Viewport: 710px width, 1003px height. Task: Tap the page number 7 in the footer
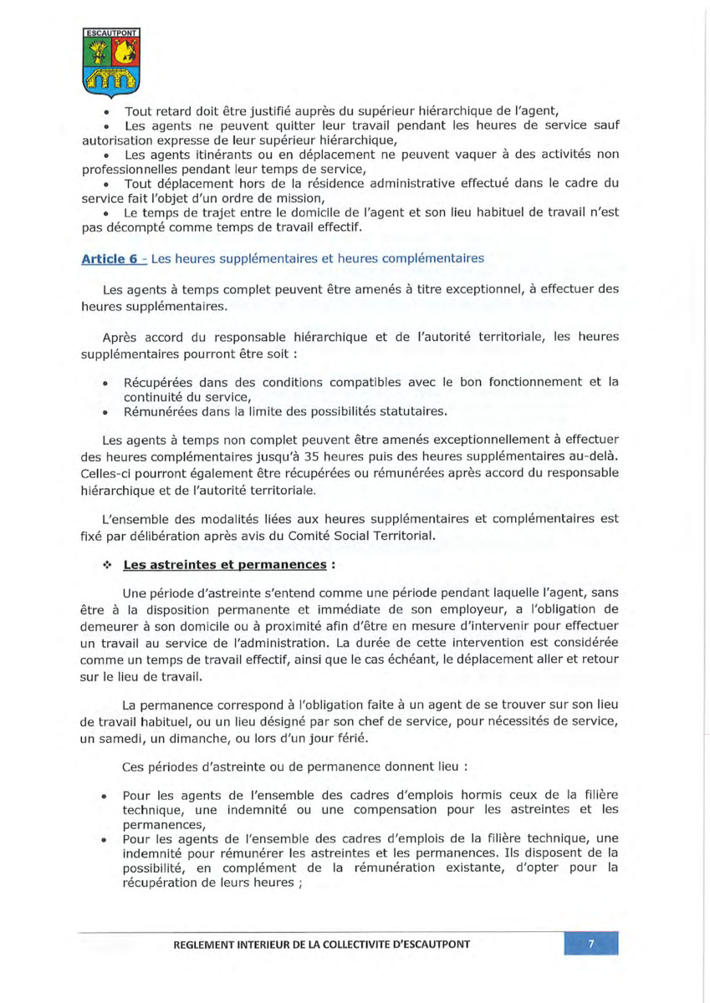point(591,944)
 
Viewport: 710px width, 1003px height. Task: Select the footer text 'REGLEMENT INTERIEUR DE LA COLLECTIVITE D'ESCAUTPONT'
point(321,944)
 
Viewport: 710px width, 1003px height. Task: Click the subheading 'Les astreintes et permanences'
point(224,564)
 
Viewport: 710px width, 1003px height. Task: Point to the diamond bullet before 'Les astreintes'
point(107,564)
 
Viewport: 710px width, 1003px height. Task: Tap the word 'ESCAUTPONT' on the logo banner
point(111,33)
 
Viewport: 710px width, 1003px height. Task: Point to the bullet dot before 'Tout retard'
point(107,111)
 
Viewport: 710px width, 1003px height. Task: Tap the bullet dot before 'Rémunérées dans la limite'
point(105,412)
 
